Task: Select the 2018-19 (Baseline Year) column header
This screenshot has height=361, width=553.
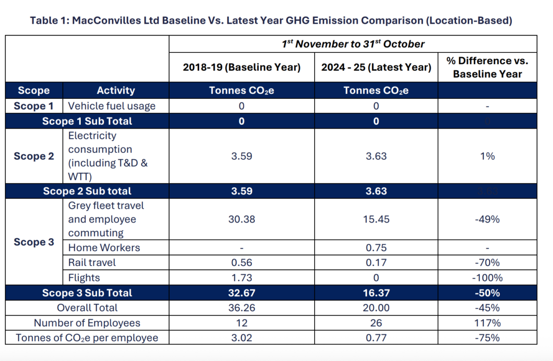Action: tap(242, 67)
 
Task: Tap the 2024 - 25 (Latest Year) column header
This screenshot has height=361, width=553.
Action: tap(376, 67)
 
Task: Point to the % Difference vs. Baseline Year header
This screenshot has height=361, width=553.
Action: tap(487, 67)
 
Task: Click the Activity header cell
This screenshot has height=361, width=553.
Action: tap(115, 90)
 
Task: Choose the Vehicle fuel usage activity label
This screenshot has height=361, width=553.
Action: tap(112, 106)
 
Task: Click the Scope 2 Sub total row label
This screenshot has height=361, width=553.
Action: tap(87, 191)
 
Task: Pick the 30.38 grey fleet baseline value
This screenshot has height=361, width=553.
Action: tap(242, 219)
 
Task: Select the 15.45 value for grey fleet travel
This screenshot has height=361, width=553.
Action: tap(376, 219)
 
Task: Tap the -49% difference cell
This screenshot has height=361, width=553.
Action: tap(487, 219)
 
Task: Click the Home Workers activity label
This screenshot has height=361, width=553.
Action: tap(104, 248)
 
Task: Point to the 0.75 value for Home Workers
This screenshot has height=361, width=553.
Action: tap(376, 248)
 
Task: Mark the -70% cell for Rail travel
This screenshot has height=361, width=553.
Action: tap(487, 263)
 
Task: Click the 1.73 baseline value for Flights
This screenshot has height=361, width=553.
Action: tap(242, 277)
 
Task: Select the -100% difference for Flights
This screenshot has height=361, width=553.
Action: tap(487, 277)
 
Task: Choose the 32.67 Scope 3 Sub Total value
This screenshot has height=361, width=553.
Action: tap(242, 293)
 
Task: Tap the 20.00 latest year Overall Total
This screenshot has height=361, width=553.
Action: tap(376, 308)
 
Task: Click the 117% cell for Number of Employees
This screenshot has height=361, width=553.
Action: tap(487, 322)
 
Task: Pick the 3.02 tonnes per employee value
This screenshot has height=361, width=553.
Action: tap(242, 338)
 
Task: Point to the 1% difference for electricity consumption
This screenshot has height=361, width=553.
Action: tap(487, 156)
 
